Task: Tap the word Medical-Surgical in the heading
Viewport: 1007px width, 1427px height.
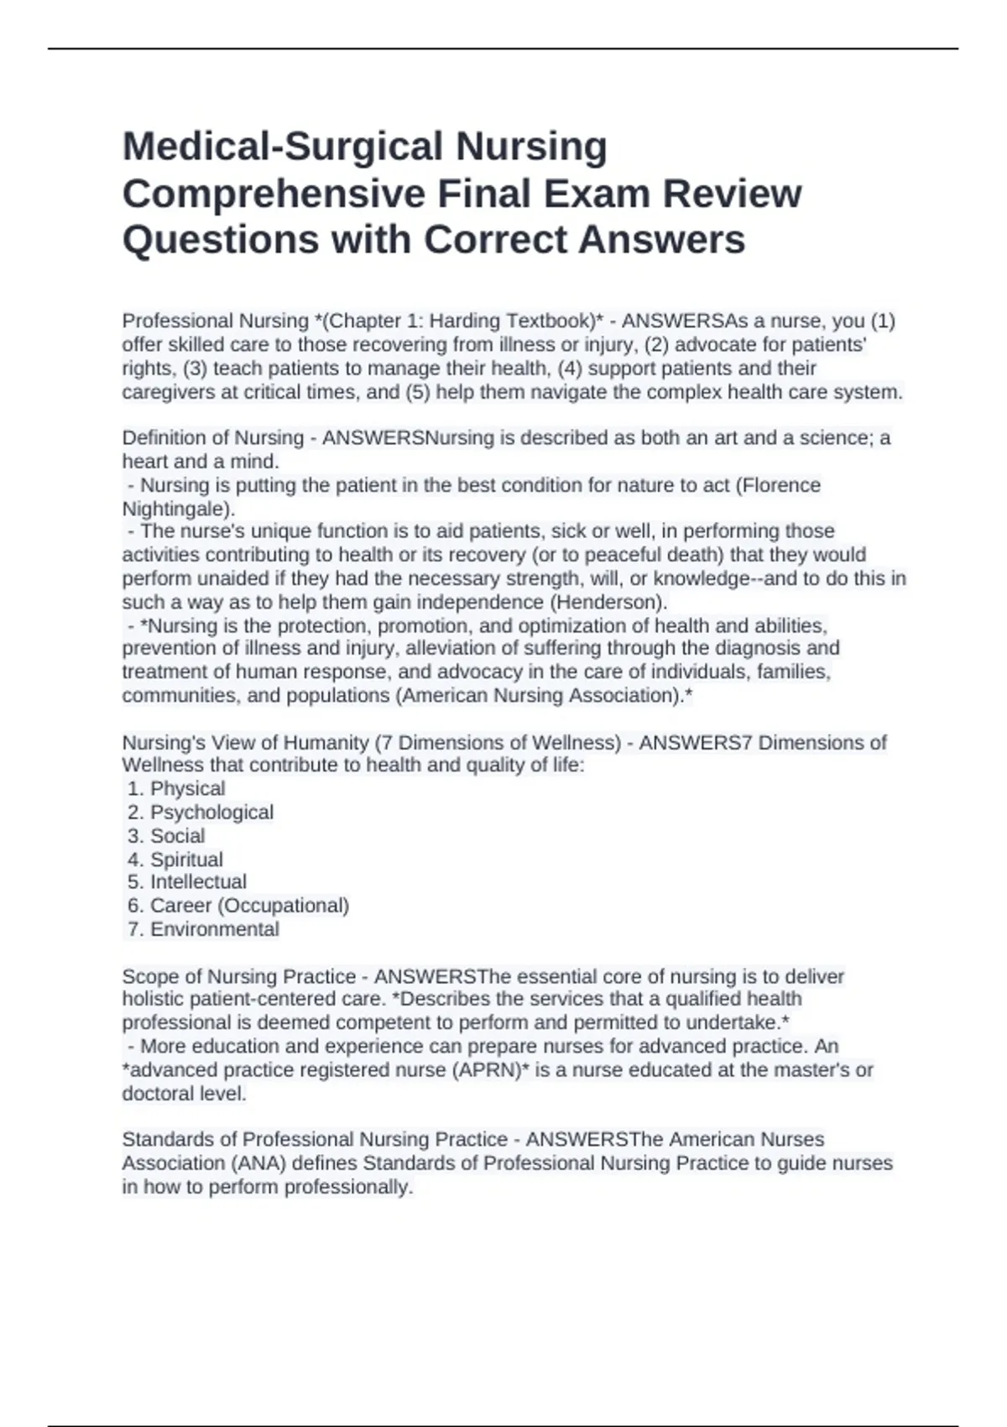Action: click(283, 147)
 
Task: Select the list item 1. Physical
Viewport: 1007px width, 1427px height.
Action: click(176, 789)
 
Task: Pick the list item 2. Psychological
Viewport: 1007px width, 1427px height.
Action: click(201, 813)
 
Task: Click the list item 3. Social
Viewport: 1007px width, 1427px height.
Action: click(166, 836)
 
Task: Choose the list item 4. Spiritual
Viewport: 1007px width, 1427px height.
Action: click(175, 860)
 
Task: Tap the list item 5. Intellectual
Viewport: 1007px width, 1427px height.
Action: click(187, 882)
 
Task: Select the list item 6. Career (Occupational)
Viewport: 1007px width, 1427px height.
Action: click(238, 906)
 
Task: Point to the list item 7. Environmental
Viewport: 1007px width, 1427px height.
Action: click(203, 929)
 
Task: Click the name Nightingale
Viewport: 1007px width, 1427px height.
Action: click(175, 509)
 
